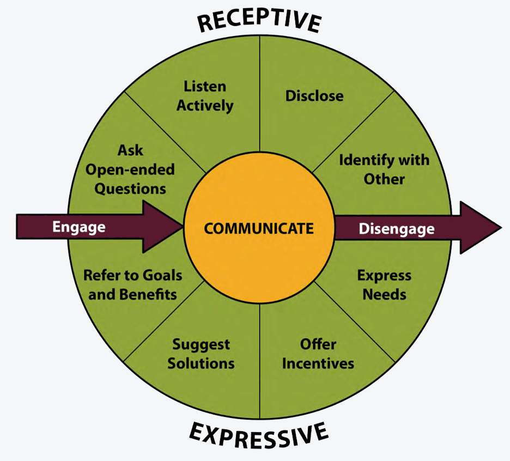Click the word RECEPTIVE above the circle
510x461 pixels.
[259, 21]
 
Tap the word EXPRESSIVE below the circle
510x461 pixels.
[259, 436]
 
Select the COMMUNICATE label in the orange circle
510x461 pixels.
[259, 228]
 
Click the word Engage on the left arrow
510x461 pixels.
[78, 227]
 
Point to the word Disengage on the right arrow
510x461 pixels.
[397, 228]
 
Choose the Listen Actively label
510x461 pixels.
[205, 96]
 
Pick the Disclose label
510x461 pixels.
[314, 96]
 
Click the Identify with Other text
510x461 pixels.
[384, 169]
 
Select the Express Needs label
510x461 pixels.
[384, 284]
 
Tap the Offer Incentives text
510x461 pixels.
[318, 354]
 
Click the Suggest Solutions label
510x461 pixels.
[201, 354]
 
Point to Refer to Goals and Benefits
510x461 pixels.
[132, 284]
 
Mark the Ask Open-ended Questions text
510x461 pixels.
[130, 169]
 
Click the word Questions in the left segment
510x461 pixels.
[130, 189]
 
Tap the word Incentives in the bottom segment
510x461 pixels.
[318, 363]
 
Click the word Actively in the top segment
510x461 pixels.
[205, 105]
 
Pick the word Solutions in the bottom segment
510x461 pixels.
[201, 363]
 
